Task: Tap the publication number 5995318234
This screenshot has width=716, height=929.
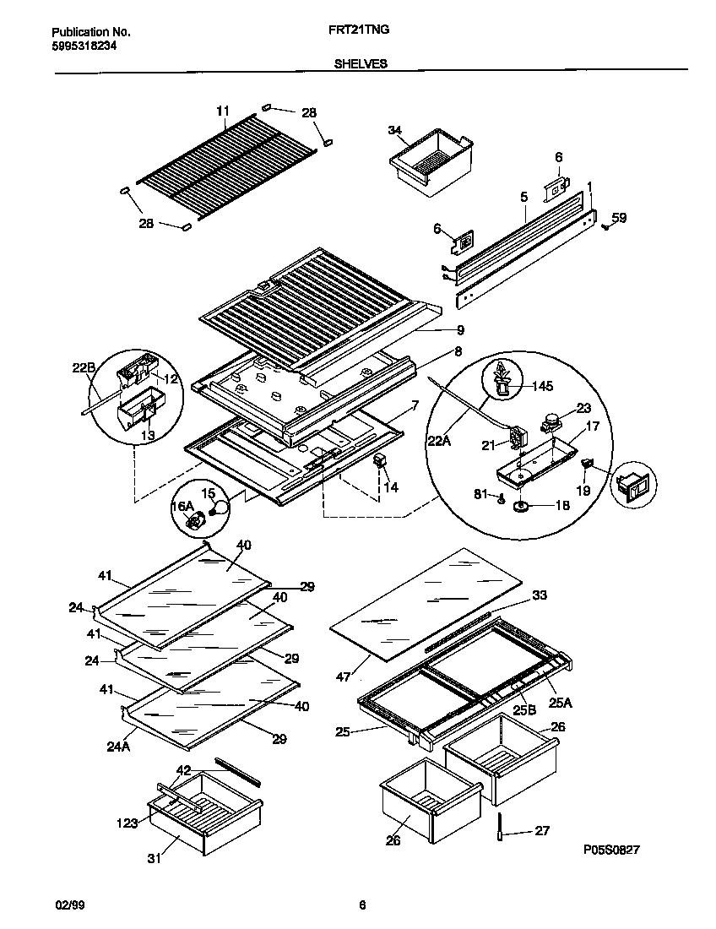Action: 79,46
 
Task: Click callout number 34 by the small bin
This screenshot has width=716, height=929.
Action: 394,129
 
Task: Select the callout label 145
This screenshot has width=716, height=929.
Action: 542,387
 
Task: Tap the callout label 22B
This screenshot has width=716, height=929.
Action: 83,367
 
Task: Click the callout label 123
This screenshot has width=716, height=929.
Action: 127,821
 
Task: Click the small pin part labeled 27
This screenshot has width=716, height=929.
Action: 499,831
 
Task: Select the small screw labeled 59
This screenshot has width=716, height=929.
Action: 605,225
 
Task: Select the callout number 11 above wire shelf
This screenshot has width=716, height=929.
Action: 223,111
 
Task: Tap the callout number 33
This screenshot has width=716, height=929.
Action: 540,595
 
